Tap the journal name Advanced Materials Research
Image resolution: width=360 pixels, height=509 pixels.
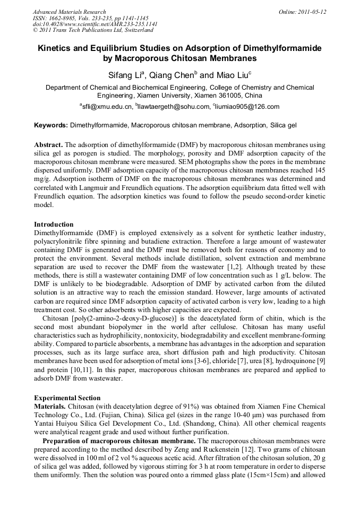69,12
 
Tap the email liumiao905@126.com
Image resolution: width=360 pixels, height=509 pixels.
247,107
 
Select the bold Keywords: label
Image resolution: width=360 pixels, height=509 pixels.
51,126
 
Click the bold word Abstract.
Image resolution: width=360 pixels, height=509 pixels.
48,145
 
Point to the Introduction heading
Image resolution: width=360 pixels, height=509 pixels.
54,225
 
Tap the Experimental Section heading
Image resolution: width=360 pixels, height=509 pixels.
67,398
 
